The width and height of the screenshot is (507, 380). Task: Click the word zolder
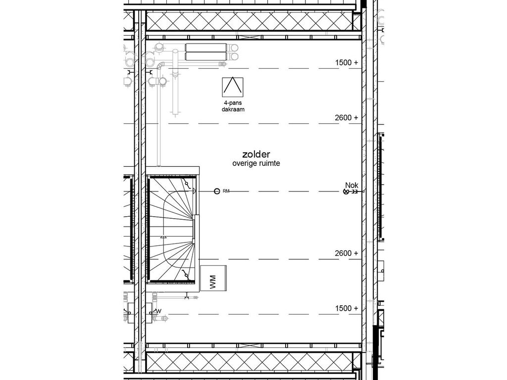point(256,154)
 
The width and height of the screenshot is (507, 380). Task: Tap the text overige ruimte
point(256,163)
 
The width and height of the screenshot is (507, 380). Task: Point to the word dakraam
point(233,110)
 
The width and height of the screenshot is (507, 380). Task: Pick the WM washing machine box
point(213,279)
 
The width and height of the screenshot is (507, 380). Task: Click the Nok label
point(352,186)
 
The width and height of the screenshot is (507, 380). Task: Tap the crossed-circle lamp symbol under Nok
point(346,192)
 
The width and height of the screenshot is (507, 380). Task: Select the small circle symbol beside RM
point(216,191)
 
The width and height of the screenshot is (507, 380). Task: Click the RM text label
point(226,191)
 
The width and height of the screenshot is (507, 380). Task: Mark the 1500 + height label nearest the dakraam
point(346,63)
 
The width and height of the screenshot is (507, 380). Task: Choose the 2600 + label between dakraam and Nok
point(346,118)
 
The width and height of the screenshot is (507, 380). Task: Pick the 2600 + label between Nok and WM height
point(346,253)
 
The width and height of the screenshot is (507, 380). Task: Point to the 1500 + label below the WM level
point(346,308)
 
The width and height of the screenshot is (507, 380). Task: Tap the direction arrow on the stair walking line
point(164,237)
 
